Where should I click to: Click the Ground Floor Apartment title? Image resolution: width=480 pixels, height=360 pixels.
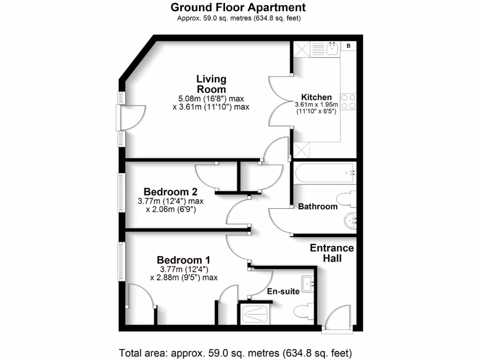coord(238,7)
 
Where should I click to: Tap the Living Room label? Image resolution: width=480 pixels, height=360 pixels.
coord(211,84)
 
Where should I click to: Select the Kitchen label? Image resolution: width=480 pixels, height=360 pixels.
coord(316,97)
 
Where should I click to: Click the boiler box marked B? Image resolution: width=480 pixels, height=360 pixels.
coord(348,46)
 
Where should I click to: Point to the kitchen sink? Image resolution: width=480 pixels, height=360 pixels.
coord(333,48)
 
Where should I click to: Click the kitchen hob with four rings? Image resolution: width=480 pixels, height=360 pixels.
coord(349,101)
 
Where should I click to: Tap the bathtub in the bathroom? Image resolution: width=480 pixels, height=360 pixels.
coord(324,172)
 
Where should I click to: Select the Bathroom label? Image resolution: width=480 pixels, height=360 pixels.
coord(318,206)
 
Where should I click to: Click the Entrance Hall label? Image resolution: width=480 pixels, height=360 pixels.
coord(332,253)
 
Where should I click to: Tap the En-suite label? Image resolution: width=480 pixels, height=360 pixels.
coord(283,291)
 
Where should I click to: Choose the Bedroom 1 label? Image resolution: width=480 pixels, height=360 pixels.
coord(183,260)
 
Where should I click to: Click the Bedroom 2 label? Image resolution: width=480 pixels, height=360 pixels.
coord(170,192)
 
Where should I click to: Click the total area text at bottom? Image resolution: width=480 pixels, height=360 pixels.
coord(236,352)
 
